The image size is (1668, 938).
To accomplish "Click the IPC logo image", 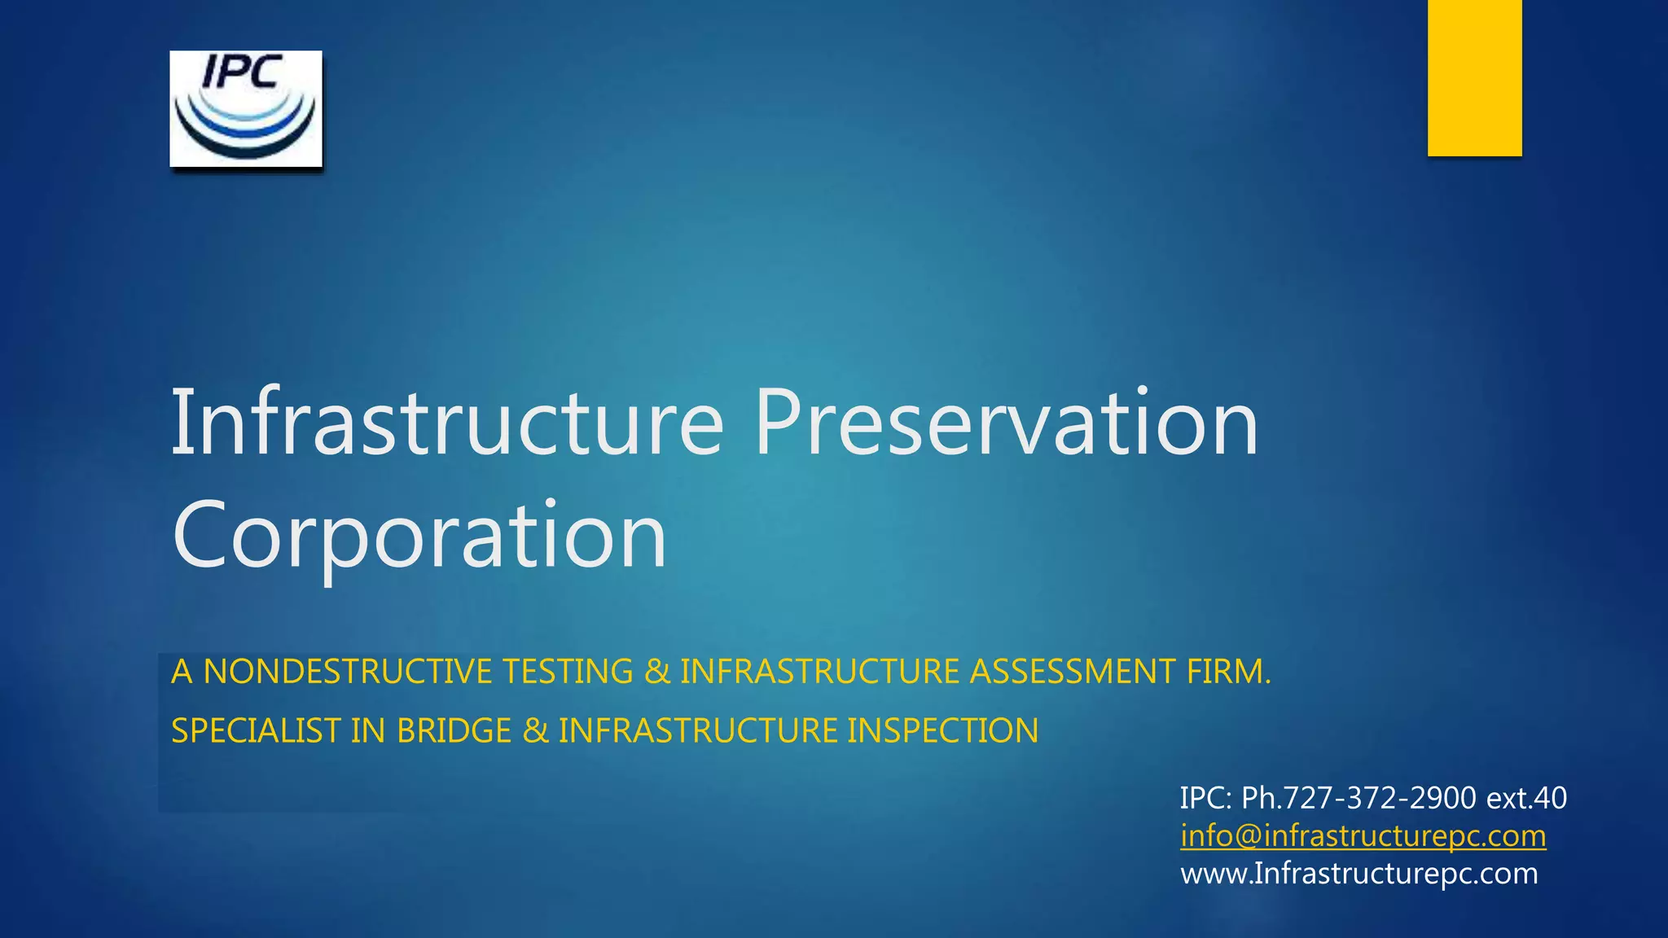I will pos(245,109).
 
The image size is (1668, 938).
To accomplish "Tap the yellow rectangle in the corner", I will pos(1474,77).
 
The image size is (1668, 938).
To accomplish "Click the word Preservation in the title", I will pos(1007,423).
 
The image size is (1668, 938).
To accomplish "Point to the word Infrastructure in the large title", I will pos(446,423).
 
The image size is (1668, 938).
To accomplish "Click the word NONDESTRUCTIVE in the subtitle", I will pos(348,672).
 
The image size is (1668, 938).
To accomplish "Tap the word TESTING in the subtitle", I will pos(568,672).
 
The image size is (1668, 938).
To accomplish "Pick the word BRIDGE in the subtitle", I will pos(454,730).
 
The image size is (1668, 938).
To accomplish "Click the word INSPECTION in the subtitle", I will pos(942,730).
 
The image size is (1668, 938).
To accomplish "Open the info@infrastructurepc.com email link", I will pos(1363,836).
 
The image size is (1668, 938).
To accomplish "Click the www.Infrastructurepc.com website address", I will pos(1359,874).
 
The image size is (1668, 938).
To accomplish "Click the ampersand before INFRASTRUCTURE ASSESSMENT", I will pos(656,672).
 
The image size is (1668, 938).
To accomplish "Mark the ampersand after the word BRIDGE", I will pos(535,730).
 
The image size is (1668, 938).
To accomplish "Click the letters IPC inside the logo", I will pos(242,72).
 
